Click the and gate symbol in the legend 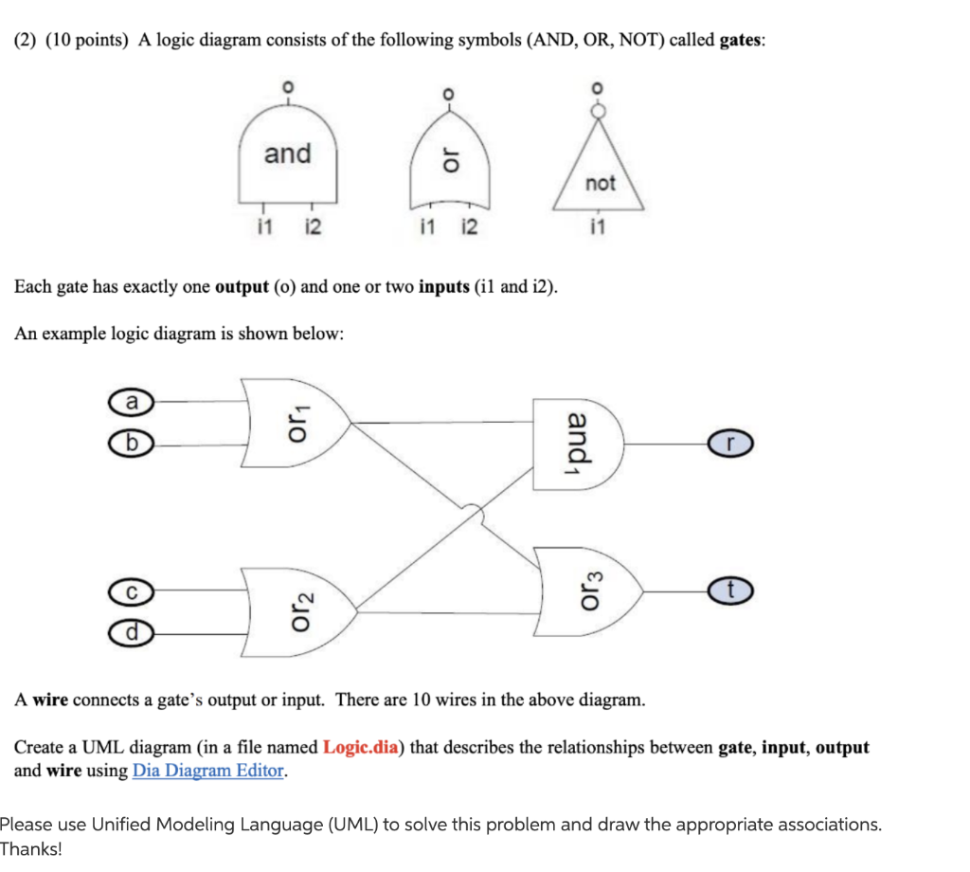click(x=288, y=156)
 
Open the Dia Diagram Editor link click(x=208, y=771)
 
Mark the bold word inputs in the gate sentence click(x=443, y=286)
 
